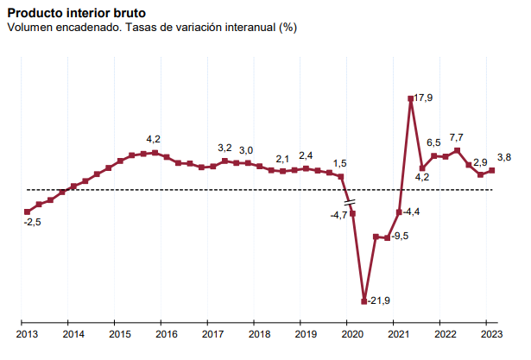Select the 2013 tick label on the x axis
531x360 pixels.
[27, 334]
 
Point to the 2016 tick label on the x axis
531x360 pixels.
[167, 334]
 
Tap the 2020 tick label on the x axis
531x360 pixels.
[351, 334]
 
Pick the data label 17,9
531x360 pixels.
[423, 98]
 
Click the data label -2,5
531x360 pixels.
[32, 223]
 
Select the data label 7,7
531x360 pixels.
[457, 137]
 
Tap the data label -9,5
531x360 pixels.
[399, 236]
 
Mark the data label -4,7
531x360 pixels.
[338, 215]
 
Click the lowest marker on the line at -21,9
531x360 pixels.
[363, 301]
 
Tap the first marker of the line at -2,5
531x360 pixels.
[27, 212]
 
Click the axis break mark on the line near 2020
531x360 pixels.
[350, 204]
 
